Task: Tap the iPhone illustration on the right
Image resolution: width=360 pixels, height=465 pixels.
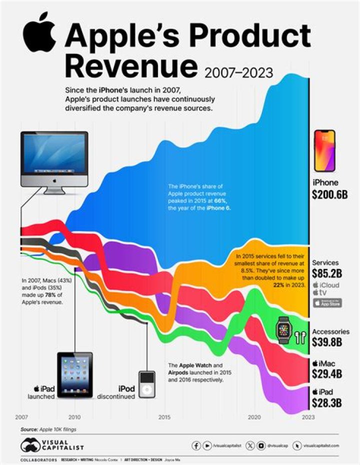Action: click(324, 150)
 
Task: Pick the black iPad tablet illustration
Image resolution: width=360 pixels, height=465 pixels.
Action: click(74, 375)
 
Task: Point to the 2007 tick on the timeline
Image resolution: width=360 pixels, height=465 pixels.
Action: click(21, 416)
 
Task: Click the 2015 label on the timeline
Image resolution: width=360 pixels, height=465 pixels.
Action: click(164, 416)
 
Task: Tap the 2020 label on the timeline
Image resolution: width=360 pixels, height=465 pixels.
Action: click(254, 416)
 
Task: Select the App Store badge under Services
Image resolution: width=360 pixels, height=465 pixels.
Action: click(327, 302)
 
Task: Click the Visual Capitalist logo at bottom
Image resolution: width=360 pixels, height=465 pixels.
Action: click(52, 444)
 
